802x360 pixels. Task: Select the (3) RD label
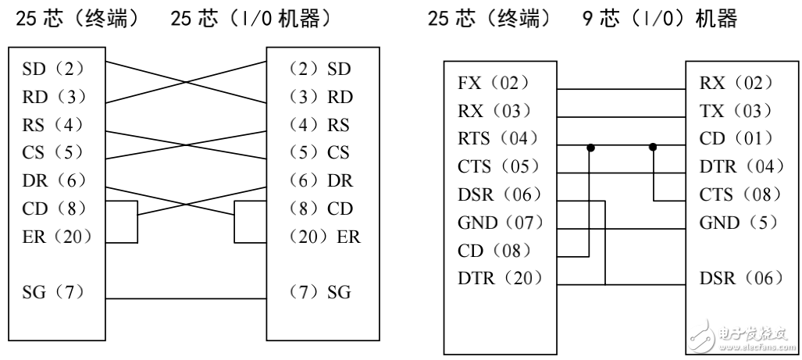pyautogui.click(x=320, y=98)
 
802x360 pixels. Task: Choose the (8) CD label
pyautogui.click(x=320, y=209)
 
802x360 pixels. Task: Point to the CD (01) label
pyautogui.click(x=732, y=139)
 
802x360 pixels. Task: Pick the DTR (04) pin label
pyautogui.click(x=736, y=167)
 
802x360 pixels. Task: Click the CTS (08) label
pyautogui.click(x=735, y=194)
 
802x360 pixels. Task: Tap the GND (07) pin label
pyautogui.click(x=500, y=223)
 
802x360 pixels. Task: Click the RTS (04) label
pyautogui.click(x=497, y=139)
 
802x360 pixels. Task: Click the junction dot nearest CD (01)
pyautogui.click(x=653, y=145)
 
